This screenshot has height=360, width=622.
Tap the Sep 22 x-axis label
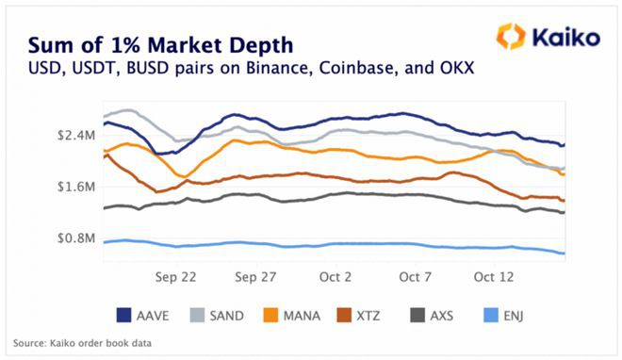point(176,278)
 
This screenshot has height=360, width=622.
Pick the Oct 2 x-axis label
point(336,278)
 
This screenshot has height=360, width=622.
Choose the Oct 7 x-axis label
point(415,278)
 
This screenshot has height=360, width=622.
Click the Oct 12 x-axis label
point(494,278)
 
